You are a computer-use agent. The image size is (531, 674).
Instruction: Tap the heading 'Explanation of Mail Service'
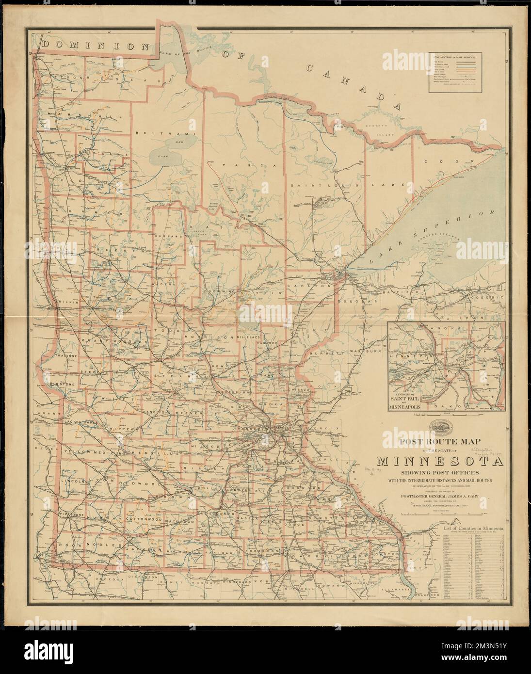[454, 58]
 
